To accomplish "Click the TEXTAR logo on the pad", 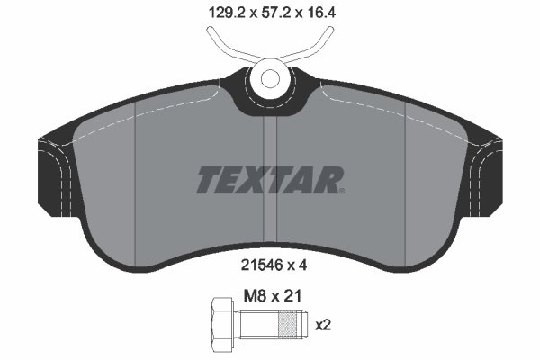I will click(x=269, y=180).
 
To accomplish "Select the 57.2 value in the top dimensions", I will click(x=268, y=13).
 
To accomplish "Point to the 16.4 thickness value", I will click(x=322, y=13).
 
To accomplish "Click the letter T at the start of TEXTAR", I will click(x=207, y=180).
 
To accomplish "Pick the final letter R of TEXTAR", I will click(x=329, y=180).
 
